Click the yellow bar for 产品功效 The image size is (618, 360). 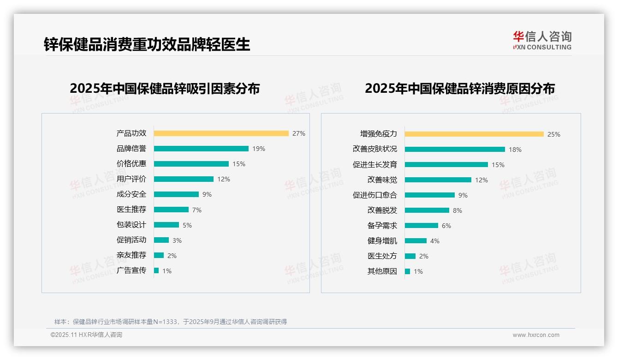221,133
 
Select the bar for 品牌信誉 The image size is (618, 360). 201,149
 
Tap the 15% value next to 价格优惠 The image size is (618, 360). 238,164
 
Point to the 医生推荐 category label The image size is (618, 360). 131,210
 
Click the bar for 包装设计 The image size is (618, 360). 166,225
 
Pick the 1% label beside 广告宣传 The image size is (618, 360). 166,271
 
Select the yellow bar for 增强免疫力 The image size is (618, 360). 474,134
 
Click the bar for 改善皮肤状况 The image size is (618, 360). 455,149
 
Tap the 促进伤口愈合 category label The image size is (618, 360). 374,195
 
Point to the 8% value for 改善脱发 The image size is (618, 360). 457,210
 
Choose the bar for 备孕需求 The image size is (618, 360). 421,226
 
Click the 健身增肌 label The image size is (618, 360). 382,241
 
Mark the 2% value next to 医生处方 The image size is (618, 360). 423,256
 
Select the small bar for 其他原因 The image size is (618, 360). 407,271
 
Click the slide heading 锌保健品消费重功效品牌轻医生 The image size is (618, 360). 147,44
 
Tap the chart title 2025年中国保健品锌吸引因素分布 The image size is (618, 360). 165,88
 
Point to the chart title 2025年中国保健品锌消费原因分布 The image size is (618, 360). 459,88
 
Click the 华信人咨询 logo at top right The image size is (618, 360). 542,41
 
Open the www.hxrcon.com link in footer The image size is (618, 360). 535,335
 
